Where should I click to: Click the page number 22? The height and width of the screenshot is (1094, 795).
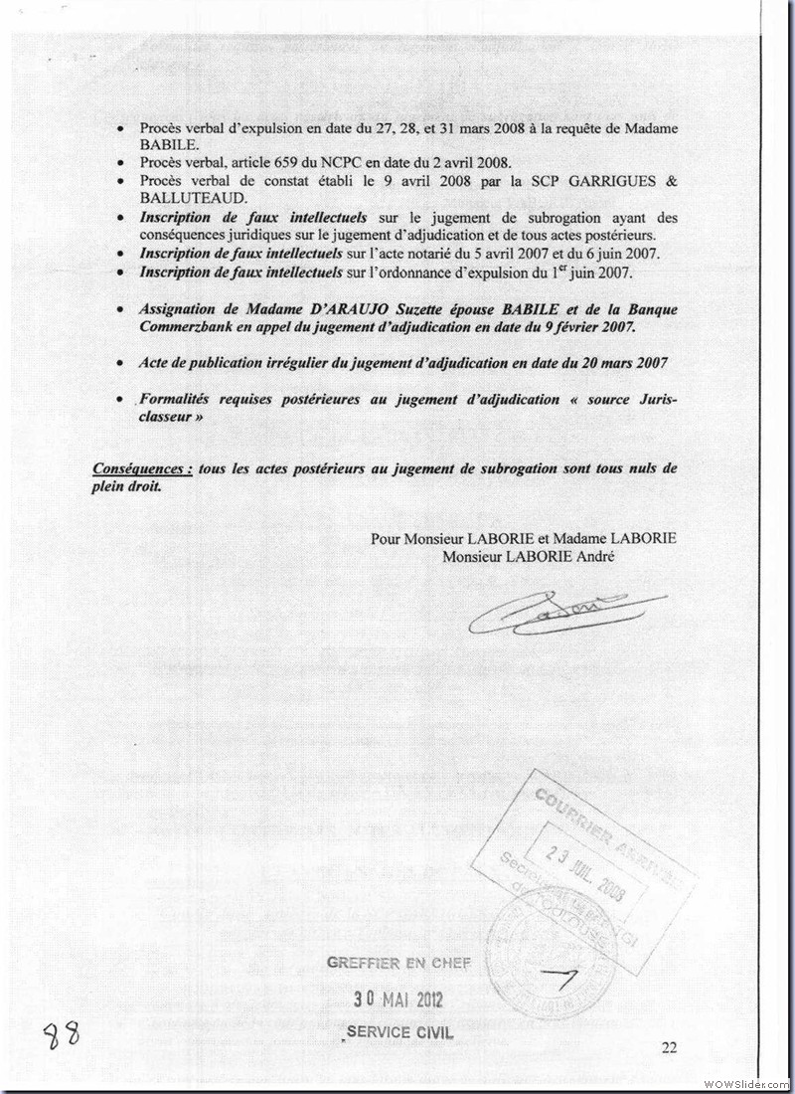pyautogui.click(x=669, y=1046)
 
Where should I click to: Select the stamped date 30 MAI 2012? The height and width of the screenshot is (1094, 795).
pyautogui.click(x=397, y=1000)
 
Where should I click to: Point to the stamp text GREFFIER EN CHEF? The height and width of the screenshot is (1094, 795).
pyautogui.click(x=397, y=963)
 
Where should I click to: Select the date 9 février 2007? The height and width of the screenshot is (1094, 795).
pyautogui.click(x=571, y=326)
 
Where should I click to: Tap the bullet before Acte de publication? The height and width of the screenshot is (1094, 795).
pyautogui.click(x=120, y=364)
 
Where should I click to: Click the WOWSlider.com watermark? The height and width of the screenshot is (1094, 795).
pyautogui.click(x=745, y=1083)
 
